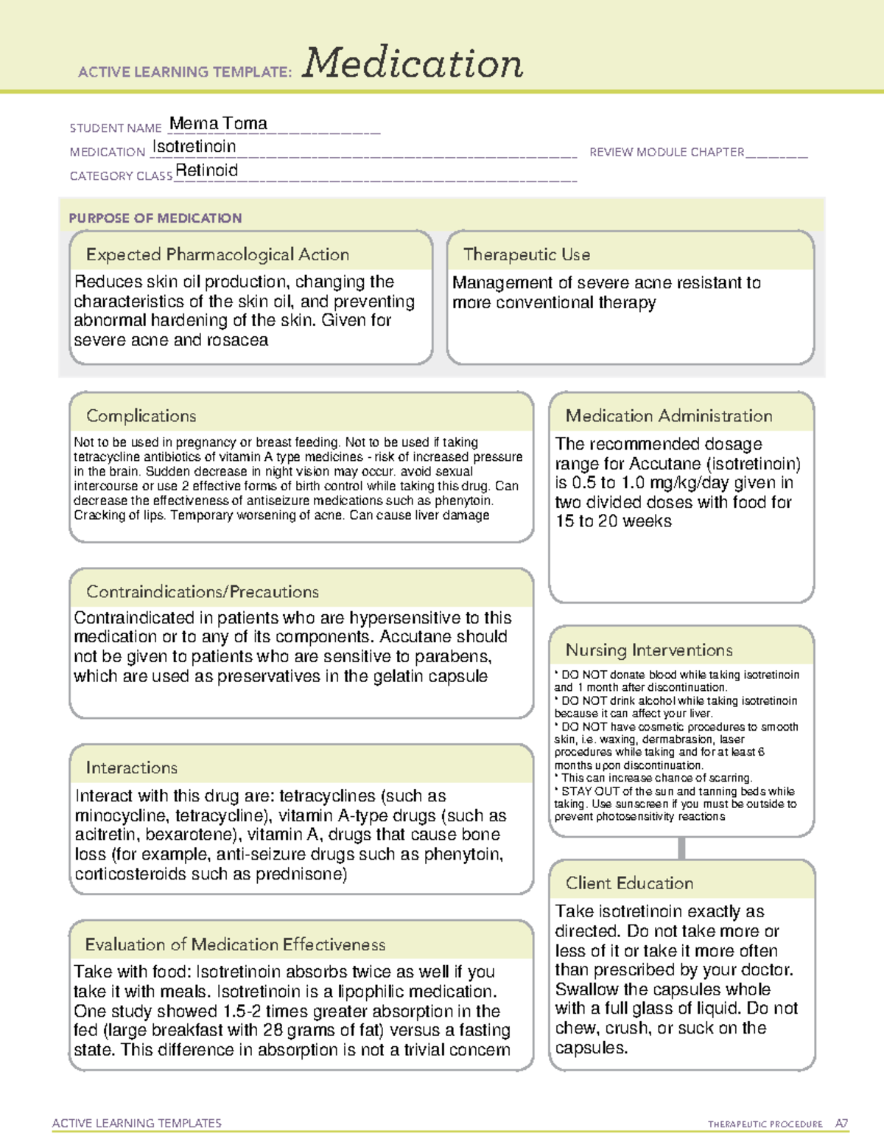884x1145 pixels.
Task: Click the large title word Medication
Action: [413, 63]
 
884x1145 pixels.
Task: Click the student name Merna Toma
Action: [218, 123]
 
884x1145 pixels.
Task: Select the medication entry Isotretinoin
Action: [194, 147]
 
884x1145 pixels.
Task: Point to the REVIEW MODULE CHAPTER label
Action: [667, 152]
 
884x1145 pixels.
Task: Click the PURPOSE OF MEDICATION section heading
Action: [155, 218]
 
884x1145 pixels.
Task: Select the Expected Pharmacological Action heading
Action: [217, 254]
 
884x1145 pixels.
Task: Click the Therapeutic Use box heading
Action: [527, 254]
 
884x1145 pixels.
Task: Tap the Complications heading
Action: [141, 416]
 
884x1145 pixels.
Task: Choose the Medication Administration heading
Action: [669, 416]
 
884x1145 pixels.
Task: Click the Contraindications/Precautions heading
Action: [203, 591]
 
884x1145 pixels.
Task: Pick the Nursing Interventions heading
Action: [649, 650]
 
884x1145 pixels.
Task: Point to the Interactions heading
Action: [131, 768]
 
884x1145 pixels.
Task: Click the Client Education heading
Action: [629, 883]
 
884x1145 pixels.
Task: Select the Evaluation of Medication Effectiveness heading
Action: [235, 944]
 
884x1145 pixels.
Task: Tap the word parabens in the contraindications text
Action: [456, 656]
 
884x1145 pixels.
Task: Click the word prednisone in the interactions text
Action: [307, 874]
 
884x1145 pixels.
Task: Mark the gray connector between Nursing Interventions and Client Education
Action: [681, 848]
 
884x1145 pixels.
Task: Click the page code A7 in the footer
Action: [841, 1124]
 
